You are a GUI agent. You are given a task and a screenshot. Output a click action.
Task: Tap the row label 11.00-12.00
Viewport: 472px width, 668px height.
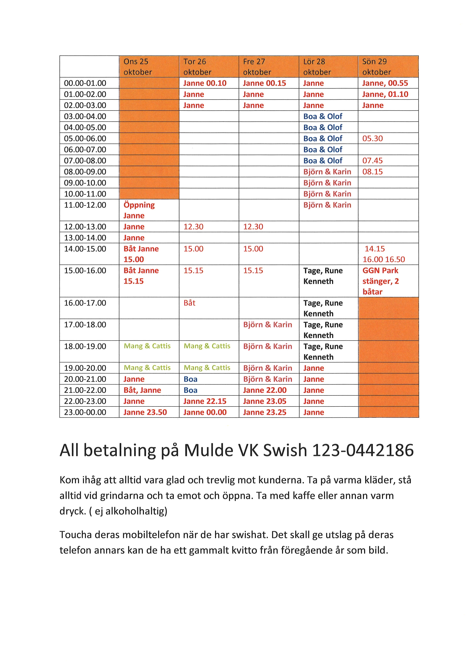coord(85,205)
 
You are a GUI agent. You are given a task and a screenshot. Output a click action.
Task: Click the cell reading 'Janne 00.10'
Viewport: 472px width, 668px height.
coord(205,83)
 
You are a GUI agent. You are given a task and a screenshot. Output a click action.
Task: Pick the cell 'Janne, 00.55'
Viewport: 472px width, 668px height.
coord(385,83)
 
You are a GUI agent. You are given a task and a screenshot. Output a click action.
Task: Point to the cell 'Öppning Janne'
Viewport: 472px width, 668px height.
coord(139,210)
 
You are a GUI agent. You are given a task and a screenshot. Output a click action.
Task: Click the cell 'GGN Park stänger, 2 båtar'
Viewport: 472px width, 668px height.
coord(381,281)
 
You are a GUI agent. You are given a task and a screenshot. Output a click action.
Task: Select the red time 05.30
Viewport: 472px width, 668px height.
coord(373,138)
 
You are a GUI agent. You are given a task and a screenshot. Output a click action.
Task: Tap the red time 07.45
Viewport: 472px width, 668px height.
coord(373,161)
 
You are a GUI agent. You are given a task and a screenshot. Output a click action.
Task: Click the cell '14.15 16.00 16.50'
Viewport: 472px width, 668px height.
coord(384,254)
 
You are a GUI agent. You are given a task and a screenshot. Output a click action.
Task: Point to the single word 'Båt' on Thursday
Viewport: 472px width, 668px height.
coord(190,303)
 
